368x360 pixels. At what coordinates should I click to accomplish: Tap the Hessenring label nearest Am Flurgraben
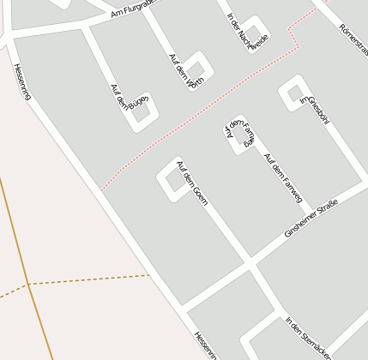[x=22, y=81]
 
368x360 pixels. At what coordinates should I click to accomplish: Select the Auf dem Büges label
[x=125, y=100]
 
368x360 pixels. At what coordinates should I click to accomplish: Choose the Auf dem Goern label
[x=192, y=183]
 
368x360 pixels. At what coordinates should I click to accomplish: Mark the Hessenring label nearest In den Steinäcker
[x=206, y=345]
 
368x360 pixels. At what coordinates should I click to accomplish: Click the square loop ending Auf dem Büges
[x=142, y=111]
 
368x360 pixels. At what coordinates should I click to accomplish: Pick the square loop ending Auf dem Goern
[x=172, y=181]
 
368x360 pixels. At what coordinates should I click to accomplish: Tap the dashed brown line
[x=86, y=279]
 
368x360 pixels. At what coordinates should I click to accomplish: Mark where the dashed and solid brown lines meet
[x=28, y=284]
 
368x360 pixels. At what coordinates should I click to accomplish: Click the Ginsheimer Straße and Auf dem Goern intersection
[x=250, y=261]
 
